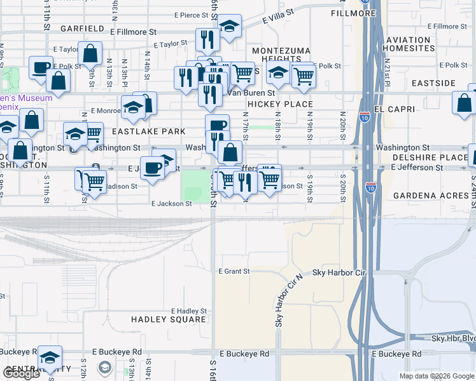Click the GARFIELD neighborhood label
pos(81,29)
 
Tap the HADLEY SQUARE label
pos(169,319)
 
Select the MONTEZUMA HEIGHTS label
pos(281,55)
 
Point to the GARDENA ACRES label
pos(430,195)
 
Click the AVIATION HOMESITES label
pos(416,44)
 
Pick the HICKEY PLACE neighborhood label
pos(280,104)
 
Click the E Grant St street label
pos(234,271)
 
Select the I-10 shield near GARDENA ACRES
pos(370,187)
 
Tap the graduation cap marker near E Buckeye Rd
pos(50,358)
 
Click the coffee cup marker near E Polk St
pos(41,67)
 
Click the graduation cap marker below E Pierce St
pos(228,27)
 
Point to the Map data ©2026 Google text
pos(436,376)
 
